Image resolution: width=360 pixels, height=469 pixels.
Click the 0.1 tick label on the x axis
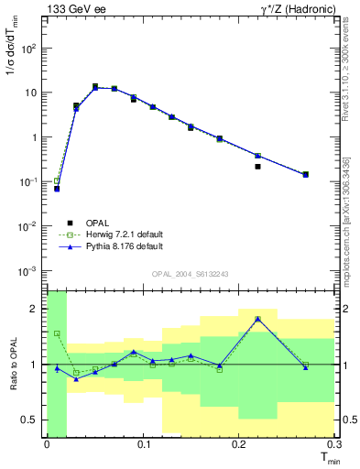(x=143, y=445)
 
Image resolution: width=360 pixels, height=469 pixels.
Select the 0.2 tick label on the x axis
(x=239, y=445)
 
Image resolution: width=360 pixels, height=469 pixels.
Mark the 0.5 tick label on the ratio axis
(x=30, y=420)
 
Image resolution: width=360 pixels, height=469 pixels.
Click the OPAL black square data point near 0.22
(x=258, y=167)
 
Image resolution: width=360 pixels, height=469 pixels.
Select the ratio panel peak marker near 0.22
(x=258, y=319)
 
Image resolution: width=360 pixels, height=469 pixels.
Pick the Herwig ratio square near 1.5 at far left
(x=57, y=333)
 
